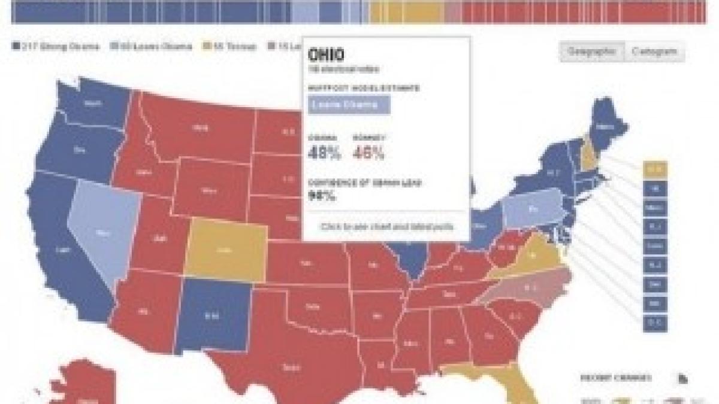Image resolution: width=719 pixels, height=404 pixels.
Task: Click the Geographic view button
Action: pyautogui.click(x=591, y=51)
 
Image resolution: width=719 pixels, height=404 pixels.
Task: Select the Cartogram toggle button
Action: pyautogui.click(x=654, y=51)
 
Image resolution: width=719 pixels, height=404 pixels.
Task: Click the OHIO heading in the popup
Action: pyautogui.click(x=326, y=55)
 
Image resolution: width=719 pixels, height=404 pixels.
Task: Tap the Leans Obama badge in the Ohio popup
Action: pyautogui.click(x=349, y=105)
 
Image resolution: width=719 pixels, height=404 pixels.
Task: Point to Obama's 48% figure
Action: pyautogui.click(x=324, y=153)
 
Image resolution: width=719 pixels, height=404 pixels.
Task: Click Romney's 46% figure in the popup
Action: pyautogui.click(x=368, y=153)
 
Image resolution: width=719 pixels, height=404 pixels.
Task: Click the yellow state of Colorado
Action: pyautogui.click(x=226, y=251)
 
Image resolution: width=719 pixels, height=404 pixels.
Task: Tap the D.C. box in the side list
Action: pyautogui.click(x=654, y=323)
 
